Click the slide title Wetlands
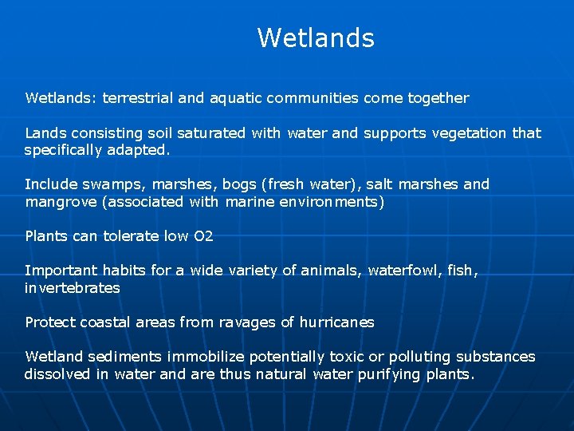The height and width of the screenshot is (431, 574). pos(316,38)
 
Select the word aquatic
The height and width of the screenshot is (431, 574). pos(235,98)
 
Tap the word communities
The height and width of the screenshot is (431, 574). pos(313,98)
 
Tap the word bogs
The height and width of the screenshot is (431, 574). pos(238,184)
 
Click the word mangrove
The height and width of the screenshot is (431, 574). pos(61,202)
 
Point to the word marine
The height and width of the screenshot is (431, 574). pos(250,202)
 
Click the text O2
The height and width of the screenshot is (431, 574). pos(203,236)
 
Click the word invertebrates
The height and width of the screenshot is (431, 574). pos(73,288)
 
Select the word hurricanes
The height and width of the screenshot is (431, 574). pos(337,322)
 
